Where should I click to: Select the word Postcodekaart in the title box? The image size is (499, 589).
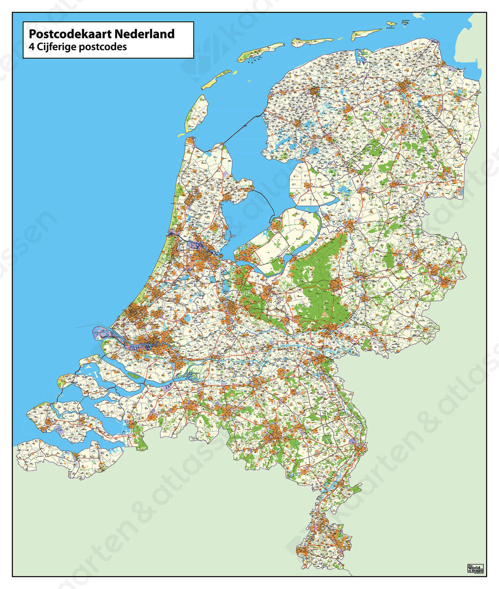70,34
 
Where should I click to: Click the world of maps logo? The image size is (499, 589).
475,568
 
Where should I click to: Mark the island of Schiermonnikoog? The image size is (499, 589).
366,34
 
